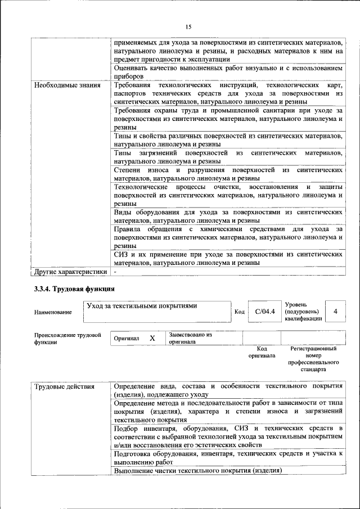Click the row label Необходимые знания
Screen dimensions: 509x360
[x=61, y=85]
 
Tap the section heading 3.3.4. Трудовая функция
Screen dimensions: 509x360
[x=74, y=289]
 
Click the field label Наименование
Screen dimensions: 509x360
[x=53, y=312]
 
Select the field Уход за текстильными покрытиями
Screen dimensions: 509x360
[x=142, y=306]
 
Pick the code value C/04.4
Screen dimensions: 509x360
[x=264, y=311]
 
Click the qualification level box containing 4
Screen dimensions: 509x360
[x=335, y=311]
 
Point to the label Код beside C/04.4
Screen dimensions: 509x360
[x=239, y=312]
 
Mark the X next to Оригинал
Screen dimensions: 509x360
[x=152, y=338]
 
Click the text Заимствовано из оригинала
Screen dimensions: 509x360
[x=190, y=337]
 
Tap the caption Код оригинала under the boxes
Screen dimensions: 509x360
[x=262, y=352]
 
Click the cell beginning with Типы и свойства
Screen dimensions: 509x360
[x=228, y=140]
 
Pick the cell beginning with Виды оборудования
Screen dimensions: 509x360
[x=228, y=217]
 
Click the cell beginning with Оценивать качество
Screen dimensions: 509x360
[x=228, y=71]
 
